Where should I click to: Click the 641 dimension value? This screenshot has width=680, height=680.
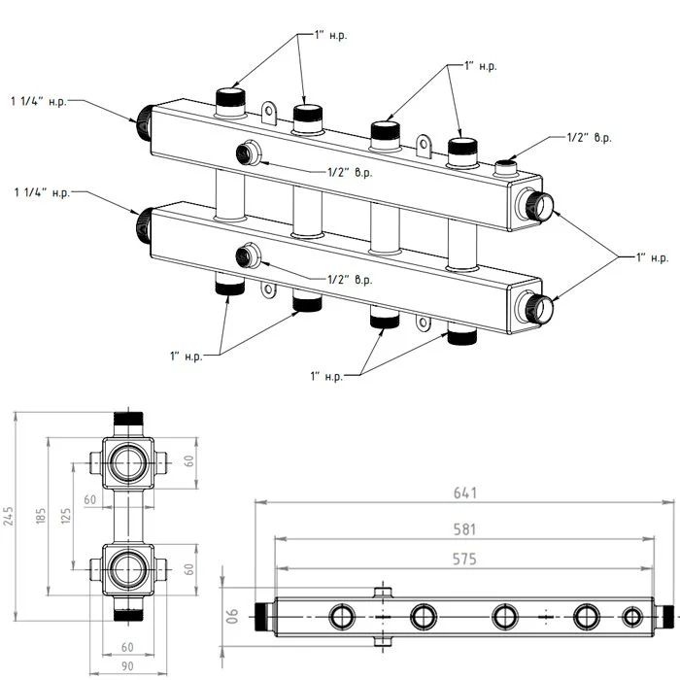click(465, 493)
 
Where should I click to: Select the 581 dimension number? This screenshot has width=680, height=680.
click(464, 529)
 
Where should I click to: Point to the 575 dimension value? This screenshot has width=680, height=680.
click(464, 559)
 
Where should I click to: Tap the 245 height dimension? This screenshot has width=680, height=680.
click(9, 516)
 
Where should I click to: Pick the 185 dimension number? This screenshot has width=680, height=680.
click(41, 516)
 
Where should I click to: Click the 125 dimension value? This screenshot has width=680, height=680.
click(66, 516)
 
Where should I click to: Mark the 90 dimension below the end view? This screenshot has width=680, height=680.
click(127, 665)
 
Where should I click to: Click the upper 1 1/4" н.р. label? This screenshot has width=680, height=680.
click(39, 102)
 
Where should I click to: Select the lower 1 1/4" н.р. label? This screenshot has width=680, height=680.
click(42, 192)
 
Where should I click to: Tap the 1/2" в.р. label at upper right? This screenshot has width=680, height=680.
click(590, 138)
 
